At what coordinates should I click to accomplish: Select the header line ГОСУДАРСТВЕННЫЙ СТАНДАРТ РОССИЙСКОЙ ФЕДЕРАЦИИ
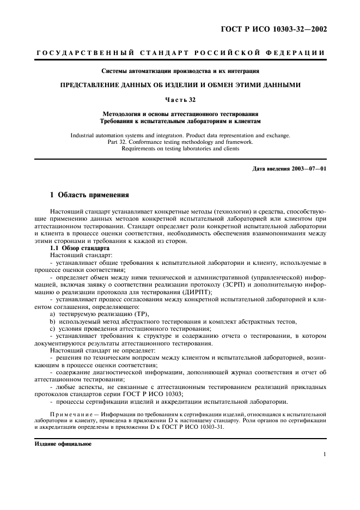point(180,53)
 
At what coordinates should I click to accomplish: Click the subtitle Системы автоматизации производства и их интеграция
point(180,71)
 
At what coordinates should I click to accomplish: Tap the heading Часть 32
point(180,99)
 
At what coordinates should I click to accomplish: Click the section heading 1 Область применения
point(89,195)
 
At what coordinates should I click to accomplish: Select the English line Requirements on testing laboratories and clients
point(180,148)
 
